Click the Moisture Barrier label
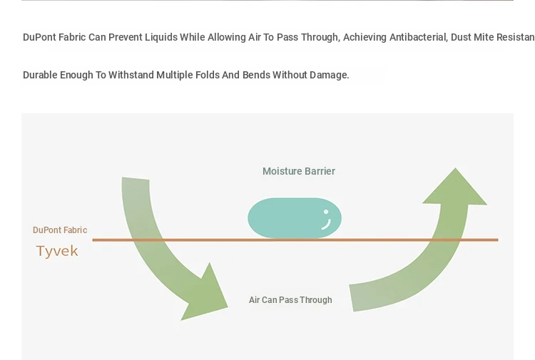[299, 171]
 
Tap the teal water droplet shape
[295, 218]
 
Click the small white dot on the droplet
[326, 212]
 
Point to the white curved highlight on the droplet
[327, 225]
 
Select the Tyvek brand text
[57, 251]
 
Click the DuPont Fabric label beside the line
[60, 230]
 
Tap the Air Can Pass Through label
[290, 300]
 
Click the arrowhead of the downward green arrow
[206, 293]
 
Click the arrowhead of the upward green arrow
[455, 186]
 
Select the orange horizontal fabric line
[295, 240]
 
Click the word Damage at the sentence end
[328, 75]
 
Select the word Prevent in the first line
[124, 37]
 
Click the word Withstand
[131, 75]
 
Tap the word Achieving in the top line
[365, 37]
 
